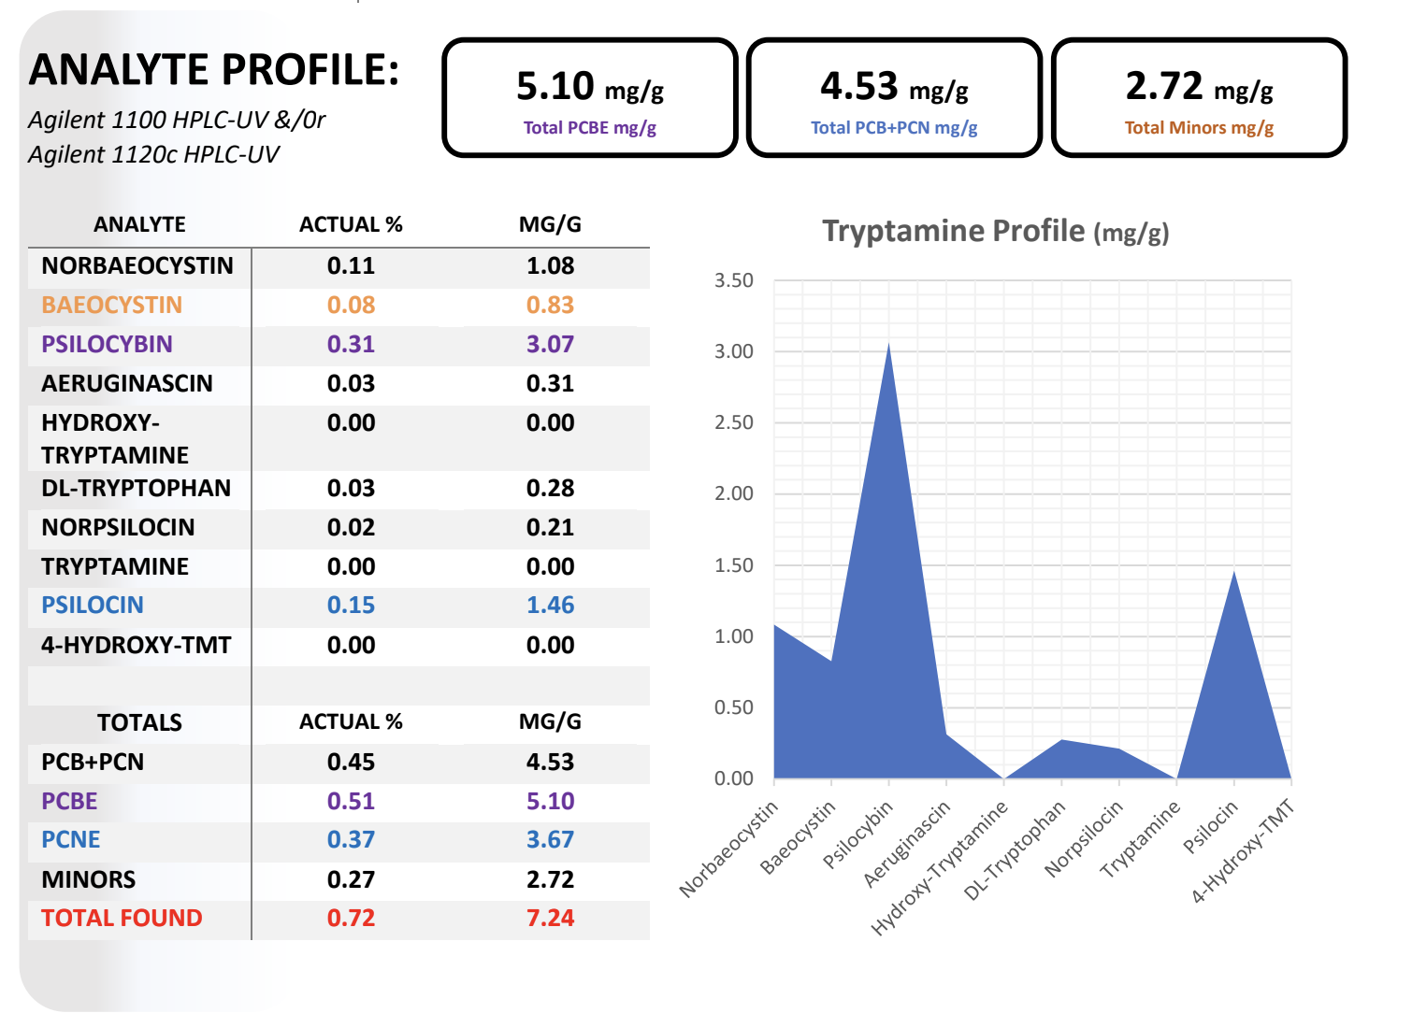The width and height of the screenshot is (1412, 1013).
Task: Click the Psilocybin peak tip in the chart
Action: tap(888, 345)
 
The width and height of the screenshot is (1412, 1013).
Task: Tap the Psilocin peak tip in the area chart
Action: tap(1234, 572)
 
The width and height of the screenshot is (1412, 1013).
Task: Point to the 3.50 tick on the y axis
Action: tap(733, 280)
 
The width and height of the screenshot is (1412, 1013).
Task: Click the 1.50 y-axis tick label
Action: tap(733, 565)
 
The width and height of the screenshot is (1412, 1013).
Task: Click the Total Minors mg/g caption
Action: tap(1199, 128)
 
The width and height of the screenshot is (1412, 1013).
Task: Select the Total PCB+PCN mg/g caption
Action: tap(894, 128)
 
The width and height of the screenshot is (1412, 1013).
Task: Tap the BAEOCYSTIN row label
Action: tap(111, 305)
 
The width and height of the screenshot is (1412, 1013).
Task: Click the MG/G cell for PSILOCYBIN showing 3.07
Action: tap(550, 344)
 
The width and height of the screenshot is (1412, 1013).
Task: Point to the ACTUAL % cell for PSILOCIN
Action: tap(351, 605)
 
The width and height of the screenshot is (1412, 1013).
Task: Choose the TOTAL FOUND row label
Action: tap(122, 918)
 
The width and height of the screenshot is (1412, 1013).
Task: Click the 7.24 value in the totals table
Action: tap(550, 918)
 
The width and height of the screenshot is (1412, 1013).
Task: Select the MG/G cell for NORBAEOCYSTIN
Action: tap(550, 265)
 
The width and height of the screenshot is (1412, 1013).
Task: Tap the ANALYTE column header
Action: tap(139, 224)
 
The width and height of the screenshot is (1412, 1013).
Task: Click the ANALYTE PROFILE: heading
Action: tap(214, 70)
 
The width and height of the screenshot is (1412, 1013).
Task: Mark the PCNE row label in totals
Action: tap(71, 839)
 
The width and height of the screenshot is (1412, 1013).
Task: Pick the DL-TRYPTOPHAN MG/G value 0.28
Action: tap(550, 488)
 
